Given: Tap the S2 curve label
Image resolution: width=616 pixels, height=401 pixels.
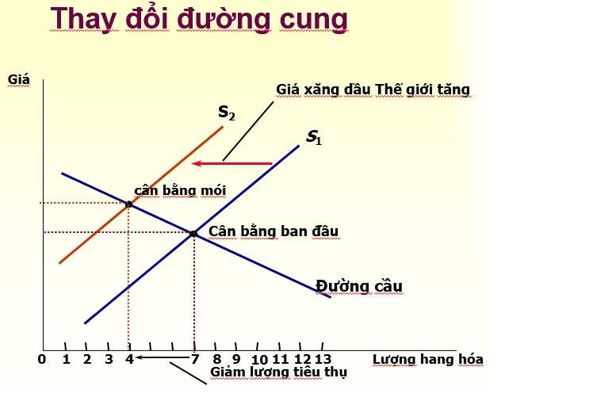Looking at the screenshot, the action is tap(227, 113).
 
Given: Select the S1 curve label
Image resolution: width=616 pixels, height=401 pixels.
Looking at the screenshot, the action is tap(314, 137).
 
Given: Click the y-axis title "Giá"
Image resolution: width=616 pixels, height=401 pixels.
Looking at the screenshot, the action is tap(18, 80).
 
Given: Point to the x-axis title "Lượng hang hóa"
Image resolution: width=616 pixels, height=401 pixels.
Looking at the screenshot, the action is tap(428, 359).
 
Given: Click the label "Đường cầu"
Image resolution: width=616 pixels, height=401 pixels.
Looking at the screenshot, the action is tap(359, 286).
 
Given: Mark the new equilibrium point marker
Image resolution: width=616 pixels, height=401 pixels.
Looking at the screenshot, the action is tap(128, 204).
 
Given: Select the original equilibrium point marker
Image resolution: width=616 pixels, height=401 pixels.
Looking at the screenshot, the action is tap(193, 234).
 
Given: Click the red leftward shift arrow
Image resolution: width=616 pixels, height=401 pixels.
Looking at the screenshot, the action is tap(231, 163).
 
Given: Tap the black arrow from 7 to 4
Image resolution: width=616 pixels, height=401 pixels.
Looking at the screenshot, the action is tap(163, 357).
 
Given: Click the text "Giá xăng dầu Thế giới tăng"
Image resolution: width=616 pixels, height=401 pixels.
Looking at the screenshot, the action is tap(373, 90).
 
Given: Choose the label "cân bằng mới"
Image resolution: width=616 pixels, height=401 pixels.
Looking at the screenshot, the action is tap(180, 190).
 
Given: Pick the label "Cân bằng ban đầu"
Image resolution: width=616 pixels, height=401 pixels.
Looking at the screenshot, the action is tap(274, 231).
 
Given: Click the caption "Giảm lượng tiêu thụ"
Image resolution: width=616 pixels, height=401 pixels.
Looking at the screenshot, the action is tap(278, 372).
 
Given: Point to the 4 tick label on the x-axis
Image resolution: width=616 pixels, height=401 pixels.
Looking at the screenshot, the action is tap(129, 359).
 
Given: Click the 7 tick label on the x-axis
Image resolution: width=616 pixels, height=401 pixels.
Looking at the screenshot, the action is tap(195, 359).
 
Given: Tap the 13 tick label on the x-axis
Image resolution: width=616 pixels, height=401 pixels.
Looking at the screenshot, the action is tap(323, 359).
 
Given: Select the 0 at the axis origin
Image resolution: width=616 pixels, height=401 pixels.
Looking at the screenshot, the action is tap(42, 359).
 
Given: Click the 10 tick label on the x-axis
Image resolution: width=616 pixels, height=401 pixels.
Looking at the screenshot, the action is tap(259, 360).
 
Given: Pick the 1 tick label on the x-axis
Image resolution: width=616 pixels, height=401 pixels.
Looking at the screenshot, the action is tap(66, 359).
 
